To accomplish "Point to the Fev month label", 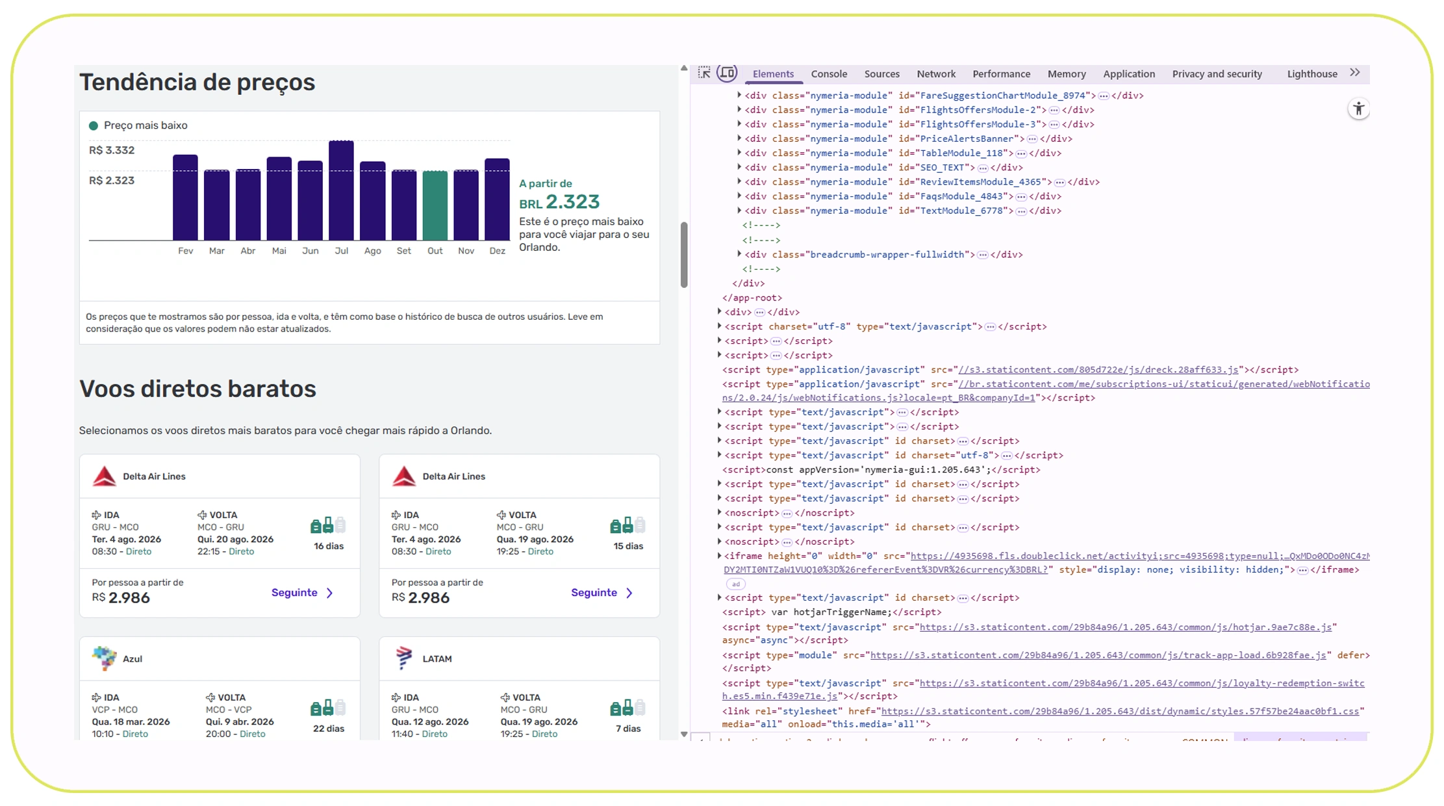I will pyautogui.click(x=185, y=251).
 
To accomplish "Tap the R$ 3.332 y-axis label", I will pyautogui.click(x=112, y=150).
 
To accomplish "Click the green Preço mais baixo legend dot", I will pyautogui.click(x=94, y=125).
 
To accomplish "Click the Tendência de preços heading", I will pyautogui.click(x=197, y=83).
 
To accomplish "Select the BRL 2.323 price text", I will pyautogui.click(x=559, y=202).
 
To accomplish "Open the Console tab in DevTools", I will pyautogui.click(x=828, y=74).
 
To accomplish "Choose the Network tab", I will pyautogui.click(x=935, y=74).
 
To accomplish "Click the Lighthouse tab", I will pyautogui.click(x=1311, y=74).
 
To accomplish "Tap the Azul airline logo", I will pyautogui.click(x=104, y=658).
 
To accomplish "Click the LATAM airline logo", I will pyautogui.click(x=403, y=658).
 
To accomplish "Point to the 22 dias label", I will pyautogui.click(x=328, y=729).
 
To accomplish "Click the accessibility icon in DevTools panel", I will pyautogui.click(x=1358, y=109).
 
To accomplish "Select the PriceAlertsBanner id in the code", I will pyautogui.click(x=967, y=139).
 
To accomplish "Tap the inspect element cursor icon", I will pyautogui.click(x=704, y=73).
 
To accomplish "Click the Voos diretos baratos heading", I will pyautogui.click(x=197, y=389).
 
